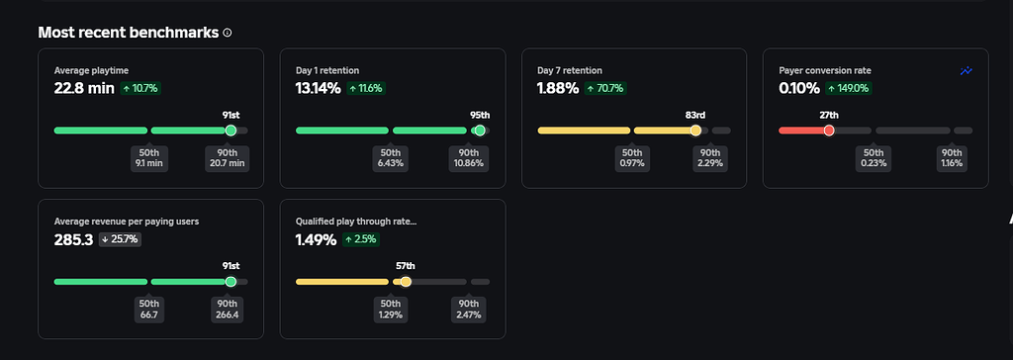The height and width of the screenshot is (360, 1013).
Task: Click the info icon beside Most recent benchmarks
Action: [x=228, y=33]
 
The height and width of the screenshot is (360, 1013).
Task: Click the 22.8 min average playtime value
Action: [x=84, y=88]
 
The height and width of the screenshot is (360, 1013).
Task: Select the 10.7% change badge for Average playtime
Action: [x=140, y=88]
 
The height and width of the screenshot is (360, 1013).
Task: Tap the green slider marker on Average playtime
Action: [x=231, y=131]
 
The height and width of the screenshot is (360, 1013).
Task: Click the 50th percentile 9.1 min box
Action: [x=149, y=158]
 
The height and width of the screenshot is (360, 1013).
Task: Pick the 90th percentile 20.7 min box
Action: [x=227, y=158]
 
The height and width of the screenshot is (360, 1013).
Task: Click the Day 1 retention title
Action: [x=326, y=71]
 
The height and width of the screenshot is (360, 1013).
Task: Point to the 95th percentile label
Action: [x=479, y=115]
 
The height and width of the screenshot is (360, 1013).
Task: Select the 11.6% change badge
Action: [x=365, y=88]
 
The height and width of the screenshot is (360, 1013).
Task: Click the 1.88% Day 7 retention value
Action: [x=558, y=88]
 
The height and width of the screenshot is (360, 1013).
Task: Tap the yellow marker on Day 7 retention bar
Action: [x=695, y=131]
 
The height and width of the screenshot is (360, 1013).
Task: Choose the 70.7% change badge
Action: [x=606, y=88]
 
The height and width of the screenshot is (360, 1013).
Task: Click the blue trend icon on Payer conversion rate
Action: [x=967, y=71]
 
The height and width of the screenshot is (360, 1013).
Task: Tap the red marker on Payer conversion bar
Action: [x=829, y=131]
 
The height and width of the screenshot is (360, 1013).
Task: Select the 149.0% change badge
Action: [x=850, y=88]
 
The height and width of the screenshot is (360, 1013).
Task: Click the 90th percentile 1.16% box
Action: [x=951, y=158]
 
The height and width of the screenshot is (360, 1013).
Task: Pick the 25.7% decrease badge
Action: [x=121, y=239]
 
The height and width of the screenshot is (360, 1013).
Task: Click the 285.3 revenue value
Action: [x=73, y=239]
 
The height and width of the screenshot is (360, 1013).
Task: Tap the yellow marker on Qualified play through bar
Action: [x=406, y=282]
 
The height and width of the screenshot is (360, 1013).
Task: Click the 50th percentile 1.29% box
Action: [x=391, y=310]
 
